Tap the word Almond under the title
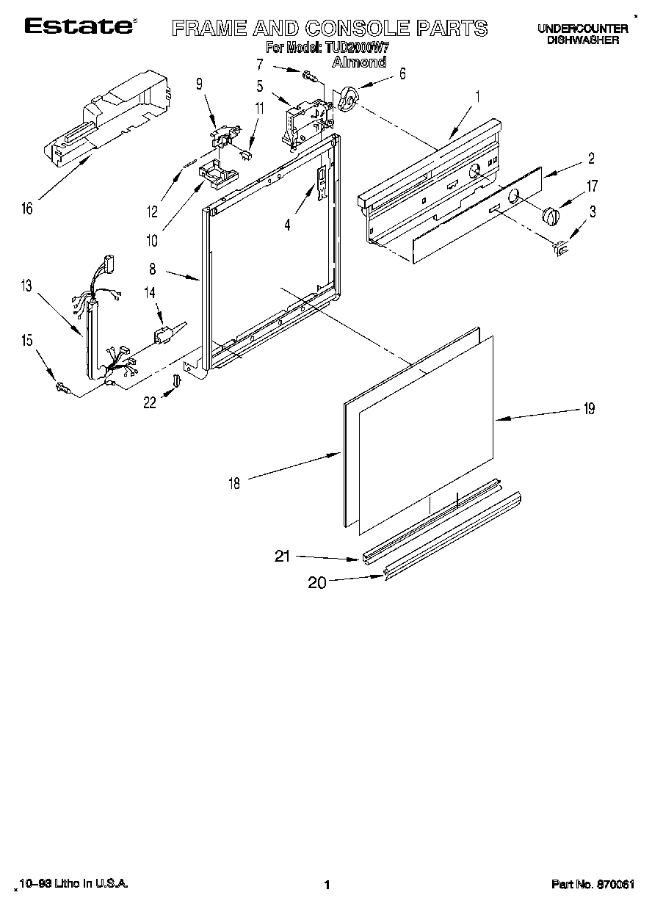coord(359,62)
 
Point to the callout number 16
coord(26,209)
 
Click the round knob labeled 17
coord(551,217)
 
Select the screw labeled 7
coord(308,73)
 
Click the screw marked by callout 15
coord(62,386)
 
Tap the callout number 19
coord(588,410)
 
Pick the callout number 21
coord(282,557)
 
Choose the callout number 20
coord(317,582)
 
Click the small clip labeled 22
coord(175,380)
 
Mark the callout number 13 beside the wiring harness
coord(26,286)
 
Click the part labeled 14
coord(164,336)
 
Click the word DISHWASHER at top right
coord(582,40)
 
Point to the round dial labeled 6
coord(347,99)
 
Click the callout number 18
coord(233,482)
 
